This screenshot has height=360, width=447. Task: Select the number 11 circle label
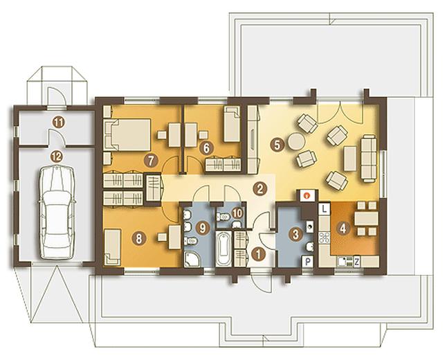point(59,123)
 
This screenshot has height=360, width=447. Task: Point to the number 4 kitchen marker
point(343,228)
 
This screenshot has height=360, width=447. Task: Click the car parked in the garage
point(57,212)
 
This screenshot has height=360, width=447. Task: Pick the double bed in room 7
point(127,134)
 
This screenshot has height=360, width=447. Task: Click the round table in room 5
point(296,141)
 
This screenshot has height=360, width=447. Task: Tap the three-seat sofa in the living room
point(370,158)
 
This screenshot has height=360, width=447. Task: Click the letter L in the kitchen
point(324,209)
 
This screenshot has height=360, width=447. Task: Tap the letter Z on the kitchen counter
point(356,262)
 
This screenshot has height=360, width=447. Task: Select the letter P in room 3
point(308,262)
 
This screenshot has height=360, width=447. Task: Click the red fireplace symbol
point(307,196)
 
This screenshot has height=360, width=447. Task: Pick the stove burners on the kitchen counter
point(324,237)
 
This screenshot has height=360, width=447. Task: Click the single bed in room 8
point(112,247)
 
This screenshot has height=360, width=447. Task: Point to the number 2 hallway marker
point(259,188)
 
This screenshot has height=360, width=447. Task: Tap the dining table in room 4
point(367,218)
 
